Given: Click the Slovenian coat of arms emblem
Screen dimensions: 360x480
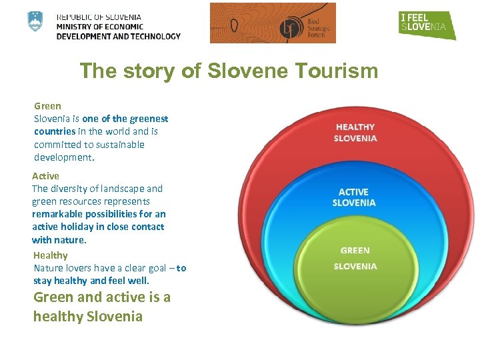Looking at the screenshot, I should click(x=35, y=21).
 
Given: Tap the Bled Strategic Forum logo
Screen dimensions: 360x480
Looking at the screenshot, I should click(x=273, y=23).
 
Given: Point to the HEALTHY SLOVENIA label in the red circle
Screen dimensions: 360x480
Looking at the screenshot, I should click(x=355, y=133).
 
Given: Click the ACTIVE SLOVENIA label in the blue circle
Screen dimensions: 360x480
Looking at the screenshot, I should click(x=353, y=197).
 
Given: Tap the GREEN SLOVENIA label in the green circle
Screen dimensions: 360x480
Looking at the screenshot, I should click(x=355, y=258).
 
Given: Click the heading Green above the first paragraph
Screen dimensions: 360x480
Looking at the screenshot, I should click(x=47, y=106).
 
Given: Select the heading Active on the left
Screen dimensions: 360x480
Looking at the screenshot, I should click(x=45, y=176).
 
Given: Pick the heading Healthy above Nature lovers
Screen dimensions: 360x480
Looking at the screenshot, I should click(x=51, y=255).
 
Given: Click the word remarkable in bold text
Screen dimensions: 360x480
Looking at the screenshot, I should click(x=56, y=214).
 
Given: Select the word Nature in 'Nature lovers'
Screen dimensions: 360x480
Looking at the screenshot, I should click(x=49, y=268).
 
